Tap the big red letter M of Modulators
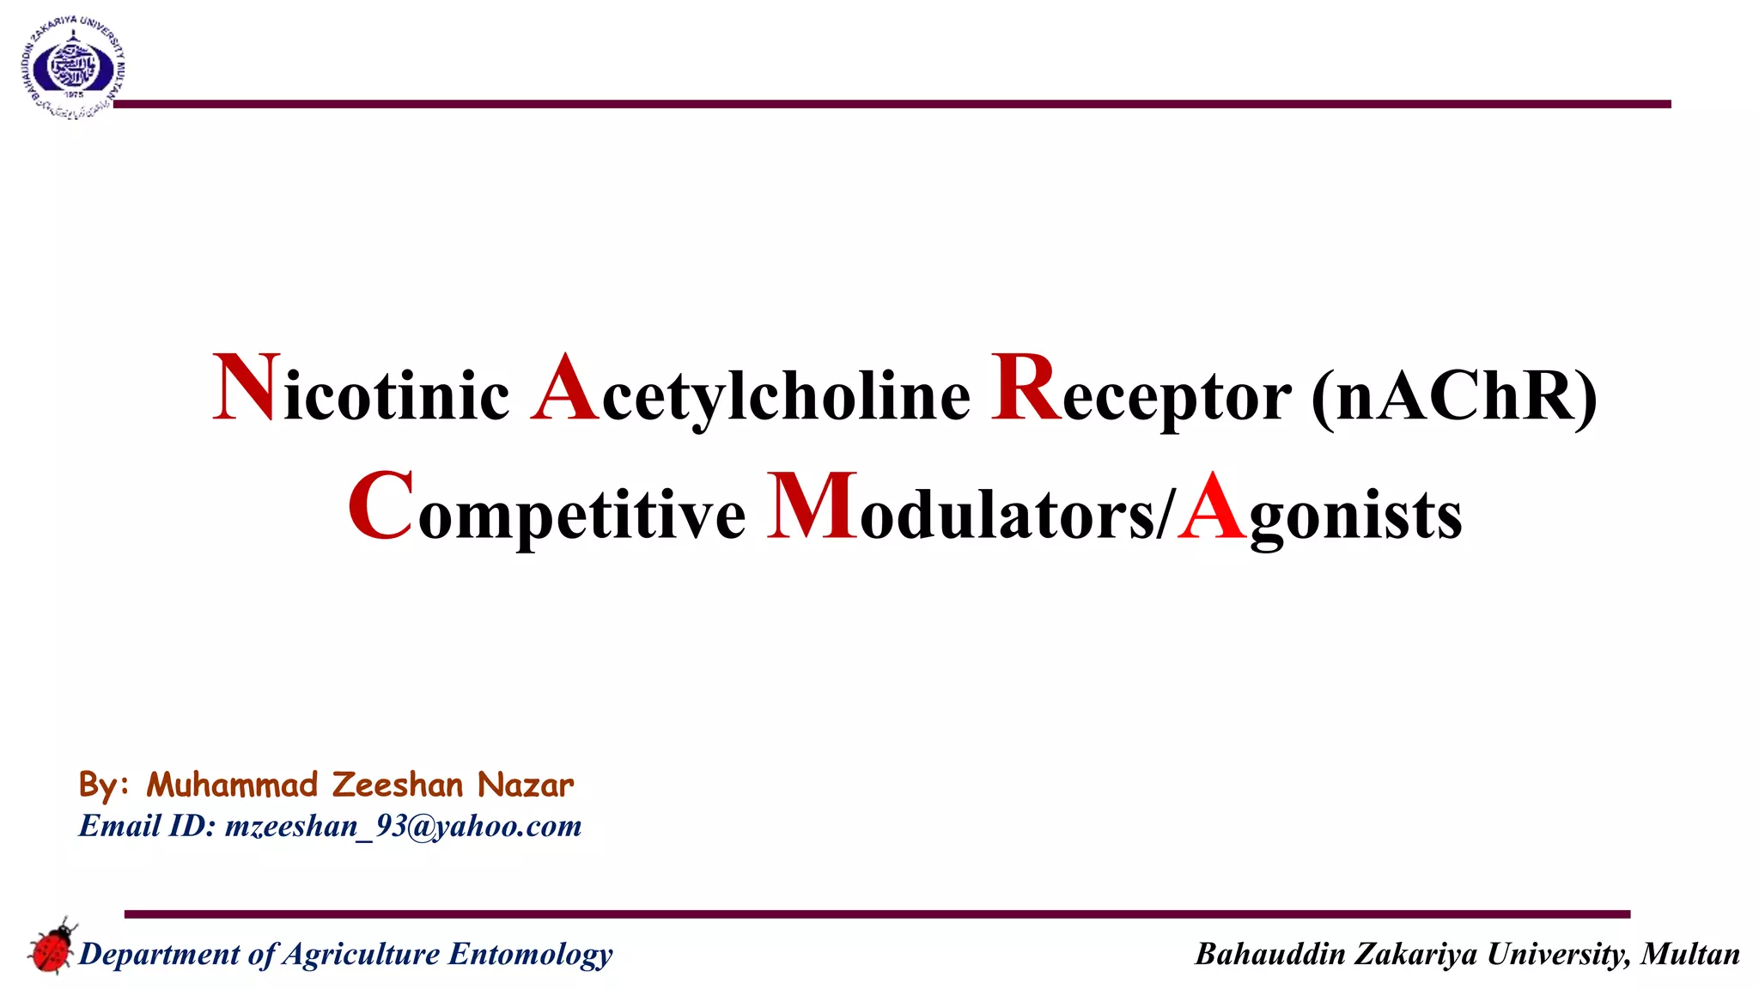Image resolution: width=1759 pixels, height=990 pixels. coord(811,508)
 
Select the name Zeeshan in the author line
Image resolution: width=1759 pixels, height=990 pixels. coord(398,785)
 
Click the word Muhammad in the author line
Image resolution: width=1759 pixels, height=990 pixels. coord(232,785)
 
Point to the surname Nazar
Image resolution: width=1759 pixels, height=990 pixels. coord(525,785)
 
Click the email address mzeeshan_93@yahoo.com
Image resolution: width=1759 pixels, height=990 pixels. coord(403,826)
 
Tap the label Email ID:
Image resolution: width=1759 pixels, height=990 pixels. coord(147,826)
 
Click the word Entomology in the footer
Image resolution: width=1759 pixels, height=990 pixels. coord(531,954)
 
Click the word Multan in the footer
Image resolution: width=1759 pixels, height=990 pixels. coord(1689,954)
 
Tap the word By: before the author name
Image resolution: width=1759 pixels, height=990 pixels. coord(103,785)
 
